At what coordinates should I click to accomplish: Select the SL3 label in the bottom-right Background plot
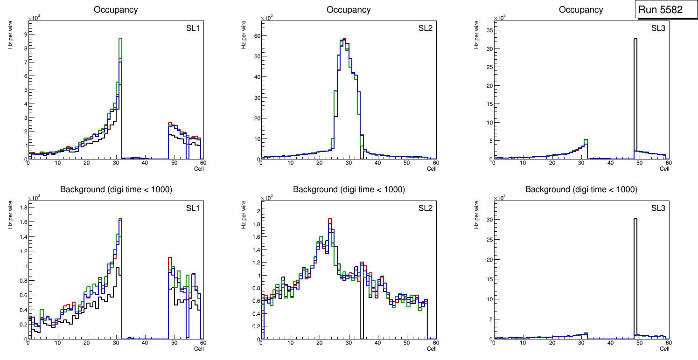click(x=658, y=208)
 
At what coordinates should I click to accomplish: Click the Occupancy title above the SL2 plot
click(x=349, y=10)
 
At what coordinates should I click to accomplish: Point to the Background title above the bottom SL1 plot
click(x=116, y=189)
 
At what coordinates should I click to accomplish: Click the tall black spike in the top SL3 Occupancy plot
click(x=635, y=93)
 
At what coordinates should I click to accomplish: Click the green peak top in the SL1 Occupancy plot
click(x=120, y=39)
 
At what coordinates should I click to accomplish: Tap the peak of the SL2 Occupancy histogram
click(x=344, y=40)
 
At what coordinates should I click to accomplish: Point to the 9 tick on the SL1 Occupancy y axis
click(x=25, y=34)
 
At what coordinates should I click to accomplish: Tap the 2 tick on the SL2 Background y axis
click(x=258, y=211)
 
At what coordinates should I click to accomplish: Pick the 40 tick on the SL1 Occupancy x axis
click(x=145, y=163)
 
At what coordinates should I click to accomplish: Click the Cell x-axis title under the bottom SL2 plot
click(x=432, y=349)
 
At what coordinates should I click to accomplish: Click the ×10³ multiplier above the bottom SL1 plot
click(x=34, y=198)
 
